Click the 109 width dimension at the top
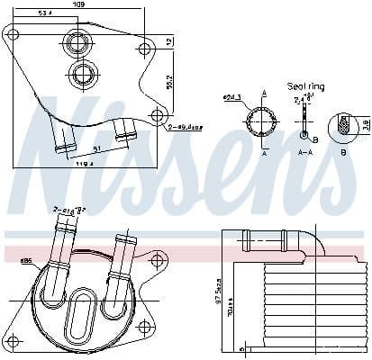[x=79, y=4]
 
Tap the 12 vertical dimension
[x=169, y=42]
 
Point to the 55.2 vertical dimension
[x=169, y=81]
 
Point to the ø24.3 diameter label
[x=231, y=98]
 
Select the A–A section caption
[x=304, y=153]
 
